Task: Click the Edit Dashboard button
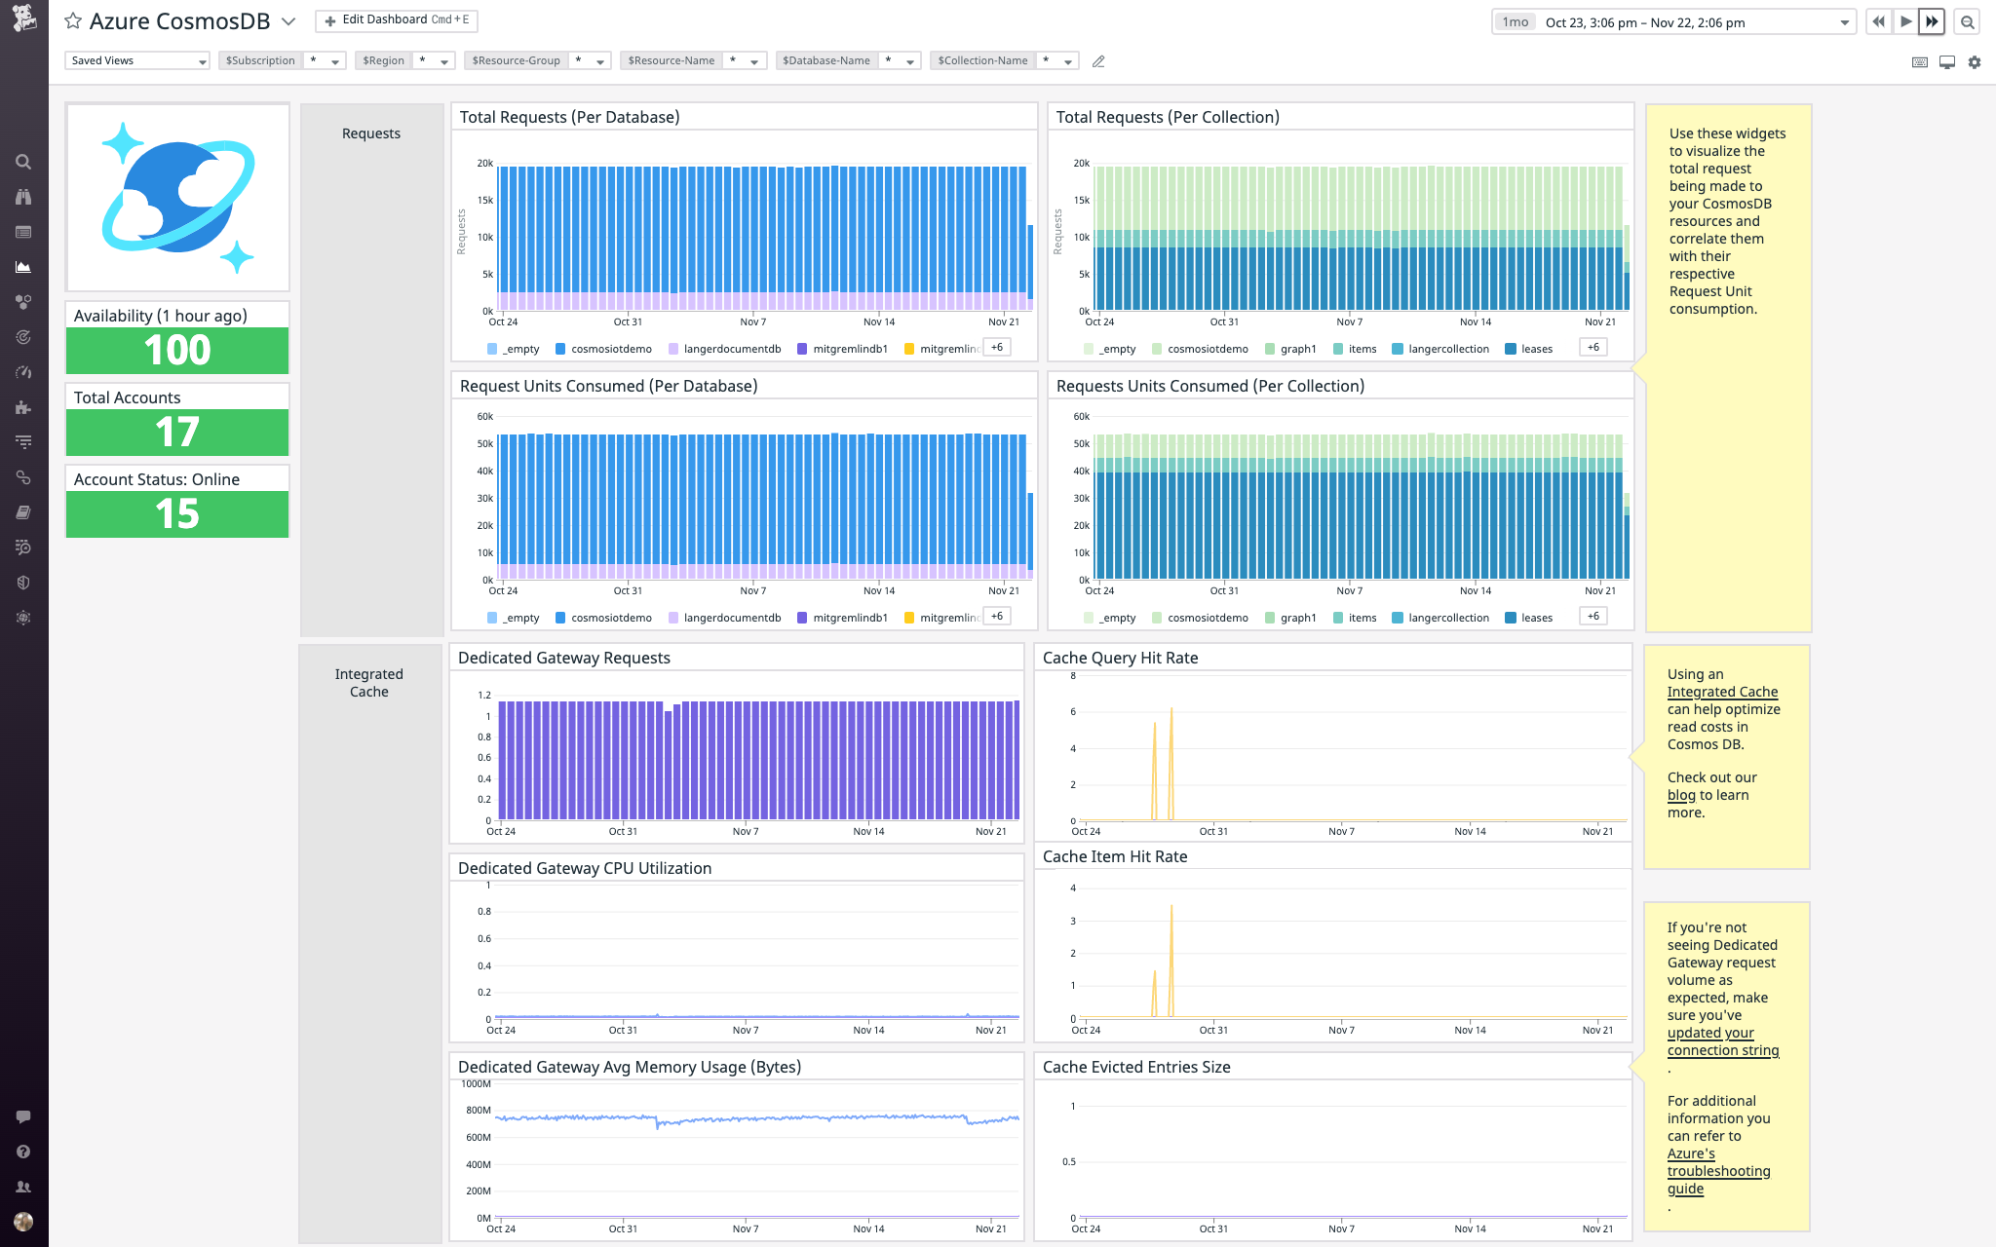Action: tap(397, 20)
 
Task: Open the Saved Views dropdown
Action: tap(136, 60)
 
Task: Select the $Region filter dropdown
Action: tap(404, 60)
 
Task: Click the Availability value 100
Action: tap(177, 351)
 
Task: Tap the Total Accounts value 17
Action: tap(177, 433)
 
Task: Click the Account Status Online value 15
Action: tap(177, 514)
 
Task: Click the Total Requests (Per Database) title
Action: tap(569, 117)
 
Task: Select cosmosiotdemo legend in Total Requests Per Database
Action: tap(610, 349)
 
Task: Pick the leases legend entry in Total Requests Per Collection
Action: tap(1536, 349)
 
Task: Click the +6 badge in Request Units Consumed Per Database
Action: tap(996, 616)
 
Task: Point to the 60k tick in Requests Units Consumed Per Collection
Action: tap(1081, 417)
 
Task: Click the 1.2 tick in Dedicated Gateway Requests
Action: tap(484, 696)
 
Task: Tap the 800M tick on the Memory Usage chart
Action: tap(478, 1111)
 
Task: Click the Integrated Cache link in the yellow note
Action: tap(1722, 692)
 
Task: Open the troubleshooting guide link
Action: tap(1718, 1171)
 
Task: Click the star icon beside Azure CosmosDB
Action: tap(73, 21)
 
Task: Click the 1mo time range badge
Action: tap(1515, 22)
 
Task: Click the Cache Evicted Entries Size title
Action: tap(1136, 1067)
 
